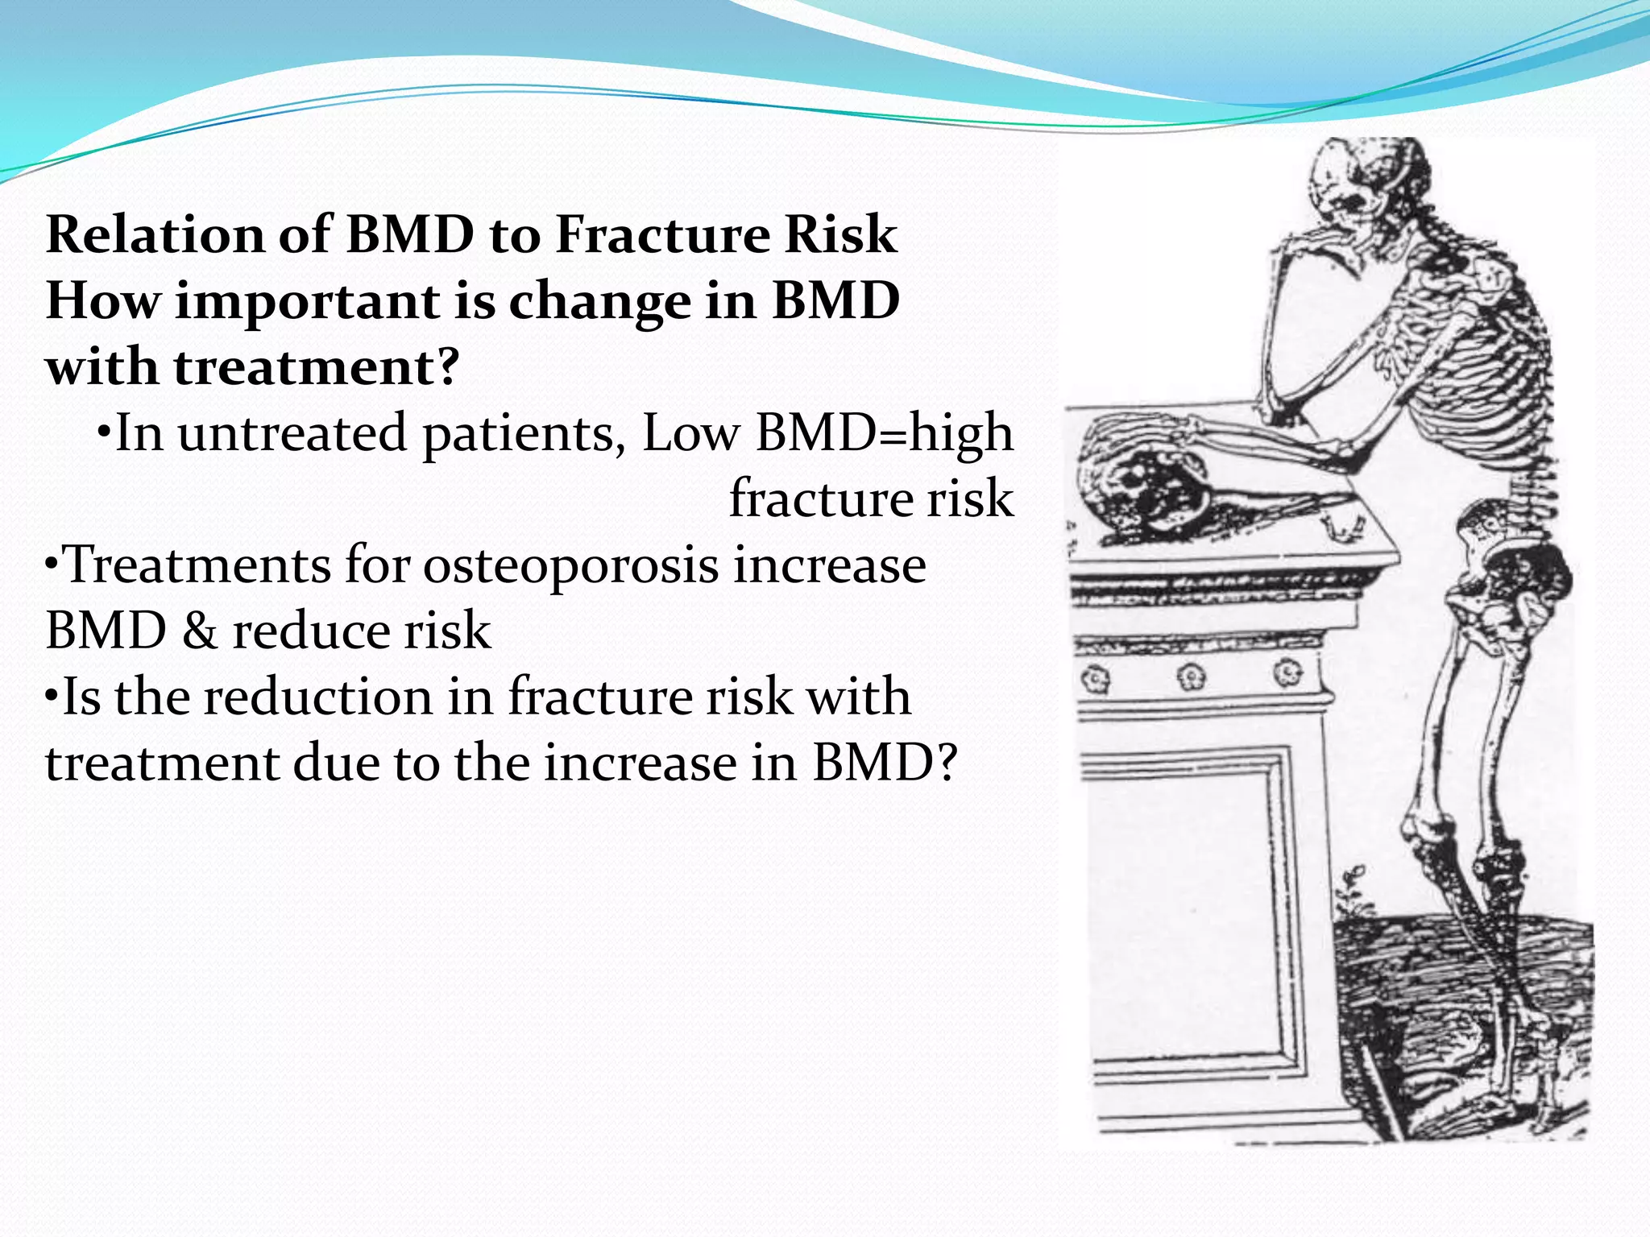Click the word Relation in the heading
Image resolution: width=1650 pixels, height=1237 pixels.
pos(154,235)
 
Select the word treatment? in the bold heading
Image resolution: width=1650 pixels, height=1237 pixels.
pos(316,368)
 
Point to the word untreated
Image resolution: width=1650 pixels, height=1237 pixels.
pos(292,434)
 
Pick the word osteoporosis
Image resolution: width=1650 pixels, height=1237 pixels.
pos(570,565)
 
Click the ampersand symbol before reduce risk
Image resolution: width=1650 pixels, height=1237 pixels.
pos(199,631)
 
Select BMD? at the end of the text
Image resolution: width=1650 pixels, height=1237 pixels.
pos(884,763)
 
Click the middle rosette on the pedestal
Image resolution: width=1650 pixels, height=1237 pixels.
pos(1192,676)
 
